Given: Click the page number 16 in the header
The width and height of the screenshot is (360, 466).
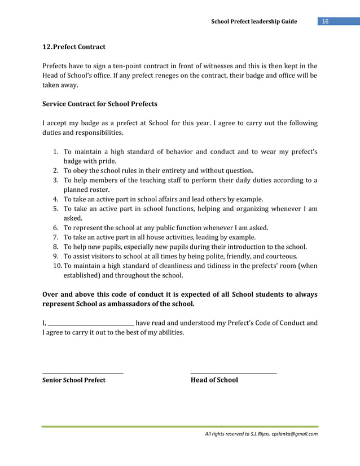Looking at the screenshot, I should click(x=325, y=21).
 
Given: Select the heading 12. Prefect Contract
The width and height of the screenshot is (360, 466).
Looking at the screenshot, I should click(x=74, y=46).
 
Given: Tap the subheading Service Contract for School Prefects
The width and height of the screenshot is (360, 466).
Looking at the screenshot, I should click(x=100, y=104).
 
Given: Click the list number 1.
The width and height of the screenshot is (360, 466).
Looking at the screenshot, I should click(x=56, y=152).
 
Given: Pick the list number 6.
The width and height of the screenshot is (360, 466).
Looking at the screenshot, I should click(x=56, y=228).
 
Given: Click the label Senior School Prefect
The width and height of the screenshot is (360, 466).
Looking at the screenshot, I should click(x=74, y=380).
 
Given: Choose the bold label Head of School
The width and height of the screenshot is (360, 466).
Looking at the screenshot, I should click(x=214, y=380).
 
